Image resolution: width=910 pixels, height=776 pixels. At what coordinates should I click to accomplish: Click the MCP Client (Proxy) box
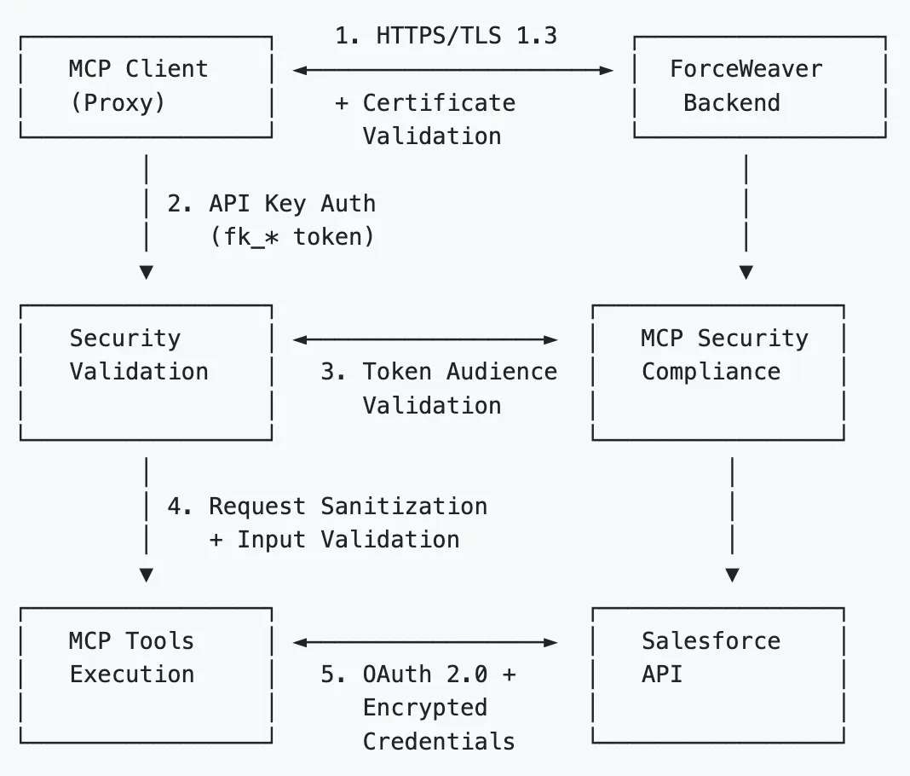click(146, 86)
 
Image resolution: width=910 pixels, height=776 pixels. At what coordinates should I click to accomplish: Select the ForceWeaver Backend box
click(759, 86)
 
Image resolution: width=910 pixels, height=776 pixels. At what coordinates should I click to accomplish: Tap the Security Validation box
click(146, 372)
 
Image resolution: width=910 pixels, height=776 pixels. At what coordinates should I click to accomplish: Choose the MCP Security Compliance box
click(718, 372)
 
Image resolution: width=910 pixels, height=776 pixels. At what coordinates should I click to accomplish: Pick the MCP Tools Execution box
click(146, 675)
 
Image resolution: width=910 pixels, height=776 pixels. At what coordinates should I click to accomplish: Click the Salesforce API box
click(718, 675)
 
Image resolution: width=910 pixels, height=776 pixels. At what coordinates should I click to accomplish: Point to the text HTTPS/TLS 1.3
click(466, 36)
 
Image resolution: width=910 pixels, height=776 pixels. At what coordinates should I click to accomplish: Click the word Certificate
click(439, 103)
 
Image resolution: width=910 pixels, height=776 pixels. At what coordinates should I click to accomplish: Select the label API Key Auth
click(291, 204)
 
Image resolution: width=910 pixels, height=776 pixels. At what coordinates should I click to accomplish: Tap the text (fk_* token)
click(291, 237)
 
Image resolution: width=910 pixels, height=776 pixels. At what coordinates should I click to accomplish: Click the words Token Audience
click(459, 372)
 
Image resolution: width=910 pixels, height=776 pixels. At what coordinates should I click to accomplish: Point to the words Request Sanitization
click(348, 507)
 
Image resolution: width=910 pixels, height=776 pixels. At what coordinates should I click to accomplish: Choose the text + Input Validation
click(334, 540)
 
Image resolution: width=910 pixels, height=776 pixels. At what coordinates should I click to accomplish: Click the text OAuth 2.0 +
click(418, 675)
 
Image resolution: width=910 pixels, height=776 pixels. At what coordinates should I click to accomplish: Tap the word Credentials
click(439, 741)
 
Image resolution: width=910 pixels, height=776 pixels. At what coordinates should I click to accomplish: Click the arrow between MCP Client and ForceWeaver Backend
click(453, 71)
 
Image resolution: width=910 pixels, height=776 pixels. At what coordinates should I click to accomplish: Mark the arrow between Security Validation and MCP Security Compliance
click(425, 339)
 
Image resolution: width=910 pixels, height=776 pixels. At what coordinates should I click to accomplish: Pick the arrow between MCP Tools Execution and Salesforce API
click(425, 642)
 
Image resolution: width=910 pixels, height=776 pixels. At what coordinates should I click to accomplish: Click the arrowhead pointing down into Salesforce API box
click(732, 576)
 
